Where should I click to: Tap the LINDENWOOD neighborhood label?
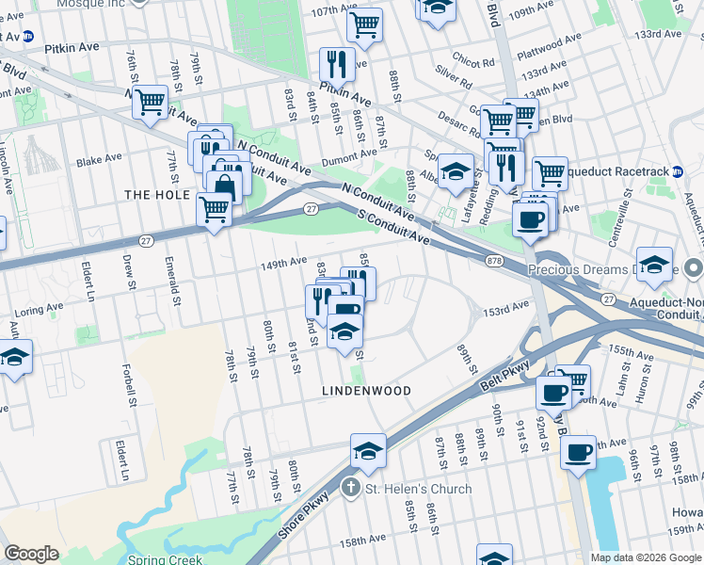point(366,390)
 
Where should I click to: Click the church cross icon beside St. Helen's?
point(350,489)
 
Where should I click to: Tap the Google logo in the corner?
point(31,554)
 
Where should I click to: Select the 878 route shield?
point(495,260)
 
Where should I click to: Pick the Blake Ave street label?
point(101,161)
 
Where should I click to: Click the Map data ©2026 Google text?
point(646,557)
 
